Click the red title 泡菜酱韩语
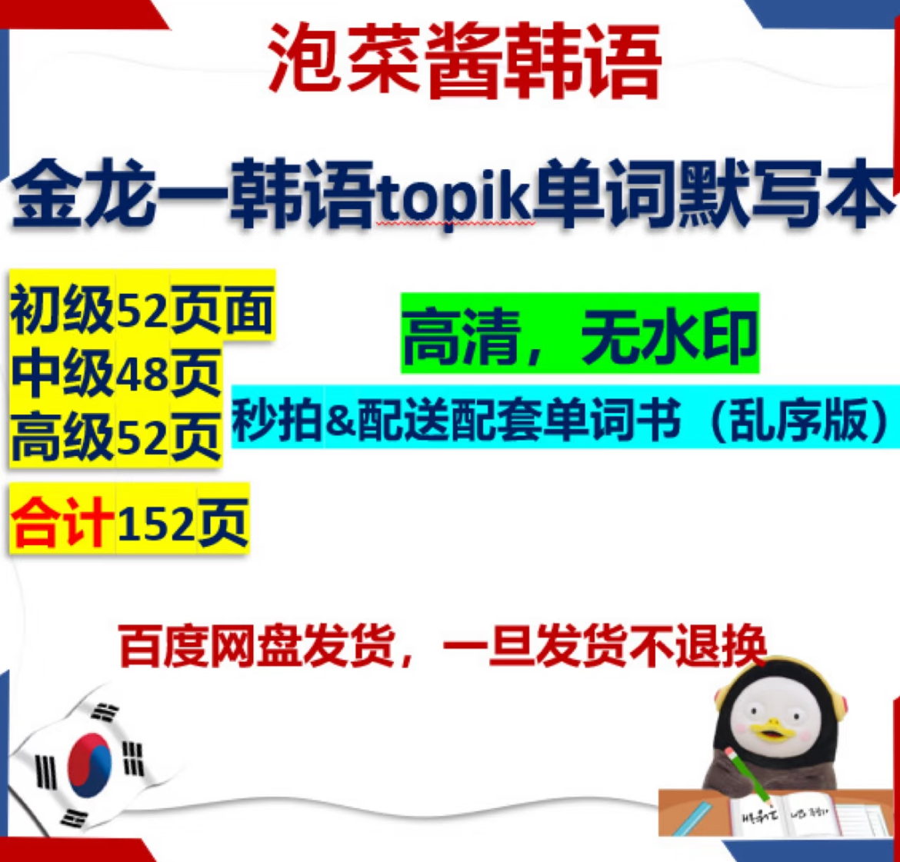point(465,59)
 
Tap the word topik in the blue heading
point(453,198)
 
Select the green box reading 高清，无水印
point(580,333)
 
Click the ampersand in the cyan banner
point(340,421)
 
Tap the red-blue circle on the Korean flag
point(89,764)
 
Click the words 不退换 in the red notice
point(698,646)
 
